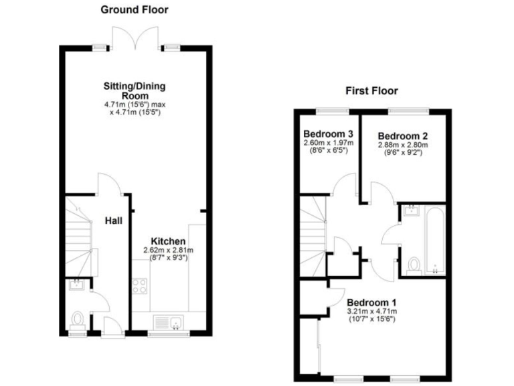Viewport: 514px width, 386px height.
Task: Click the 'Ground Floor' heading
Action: coord(134,10)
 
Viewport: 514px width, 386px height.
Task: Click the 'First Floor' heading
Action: coord(371,90)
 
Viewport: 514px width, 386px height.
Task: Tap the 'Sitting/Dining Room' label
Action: coord(134,90)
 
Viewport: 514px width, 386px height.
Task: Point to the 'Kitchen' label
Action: coord(167,241)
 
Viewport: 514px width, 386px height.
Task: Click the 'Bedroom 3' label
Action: coord(328,132)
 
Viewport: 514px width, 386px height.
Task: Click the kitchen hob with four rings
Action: coord(140,286)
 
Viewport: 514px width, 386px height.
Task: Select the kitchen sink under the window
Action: coord(167,322)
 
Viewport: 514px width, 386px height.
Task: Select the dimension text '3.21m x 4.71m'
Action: coord(371,311)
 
